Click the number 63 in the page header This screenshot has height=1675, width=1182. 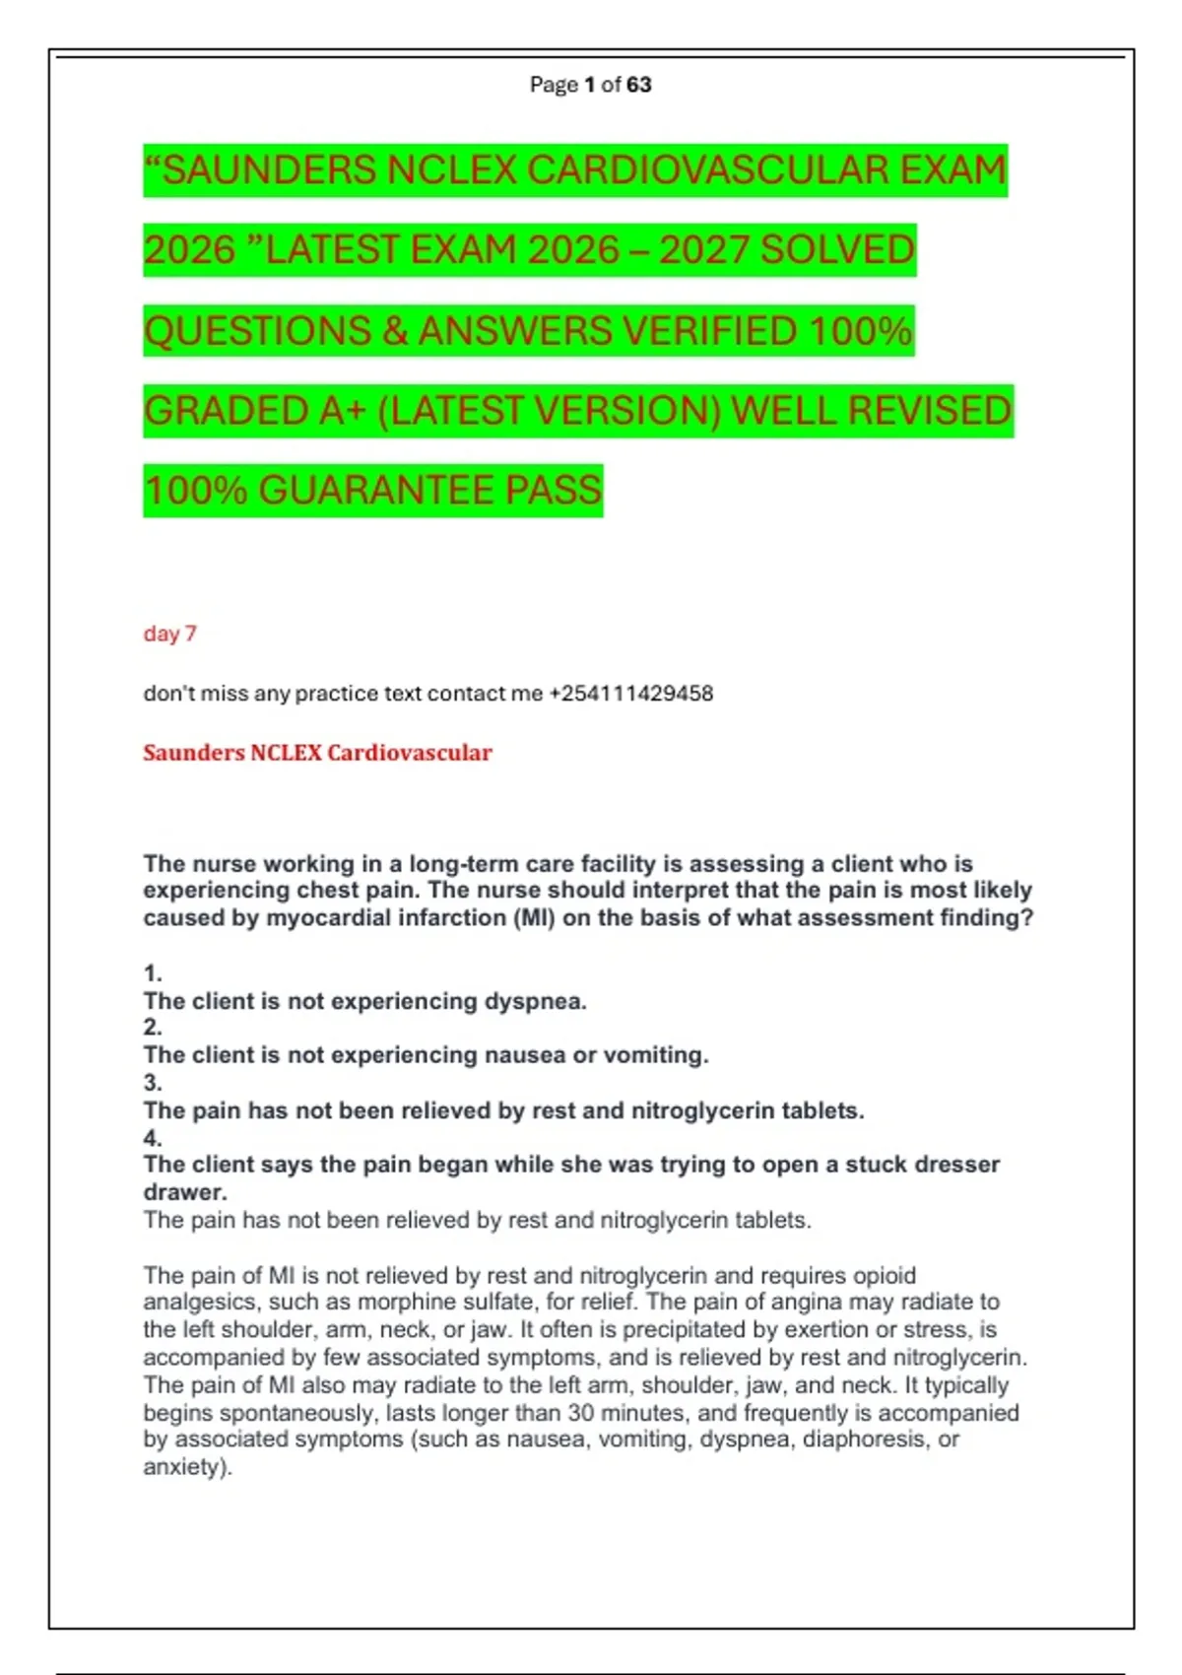pyautogui.click(x=638, y=85)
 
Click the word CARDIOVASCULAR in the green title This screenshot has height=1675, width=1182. pyautogui.click(x=706, y=170)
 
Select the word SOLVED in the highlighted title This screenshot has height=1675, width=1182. pyautogui.click(x=837, y=250)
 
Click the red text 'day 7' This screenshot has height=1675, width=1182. pyautogui.click(x=169, y=634)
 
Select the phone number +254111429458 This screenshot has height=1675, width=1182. pyautogui.click(x=630, y=694)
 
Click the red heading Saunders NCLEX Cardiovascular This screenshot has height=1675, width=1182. pyautogui.click(x=317, y=753)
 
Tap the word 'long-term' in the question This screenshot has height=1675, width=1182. pyautogui.click(x=463, y=864)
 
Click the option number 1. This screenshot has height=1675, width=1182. pyautogui.click(x=152, y=973)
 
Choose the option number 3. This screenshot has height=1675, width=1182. pyautogui.click(x=152, y=1083)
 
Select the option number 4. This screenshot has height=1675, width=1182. pyautogui.click(x=152, y=1138)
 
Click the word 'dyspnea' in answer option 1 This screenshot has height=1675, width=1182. pyautogui.click(x=534, y=1002)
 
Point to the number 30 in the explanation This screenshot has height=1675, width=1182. pyautogui.click(x=580, y=1413)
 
